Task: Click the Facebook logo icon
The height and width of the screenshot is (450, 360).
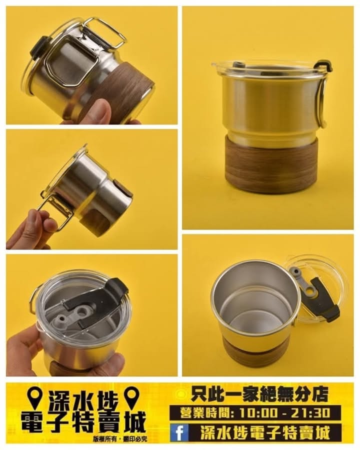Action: (x=179, y=433)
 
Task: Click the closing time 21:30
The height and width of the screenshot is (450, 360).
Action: (x=310, y=413)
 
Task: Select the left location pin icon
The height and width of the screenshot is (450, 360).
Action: (x=36, y=398)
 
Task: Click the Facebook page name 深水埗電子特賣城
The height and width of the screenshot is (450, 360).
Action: (x=264, y=433)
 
